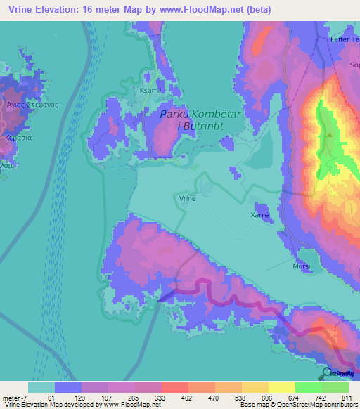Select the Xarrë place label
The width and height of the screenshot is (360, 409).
click(x=259, y=215)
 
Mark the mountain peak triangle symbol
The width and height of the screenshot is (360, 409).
click(x=329, y=135)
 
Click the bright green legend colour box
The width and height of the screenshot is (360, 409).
click(x=335, y=387)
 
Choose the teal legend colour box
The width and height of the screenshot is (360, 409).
click(x=41, y=387)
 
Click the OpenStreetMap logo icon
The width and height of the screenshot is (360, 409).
click(x=328, y=373)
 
